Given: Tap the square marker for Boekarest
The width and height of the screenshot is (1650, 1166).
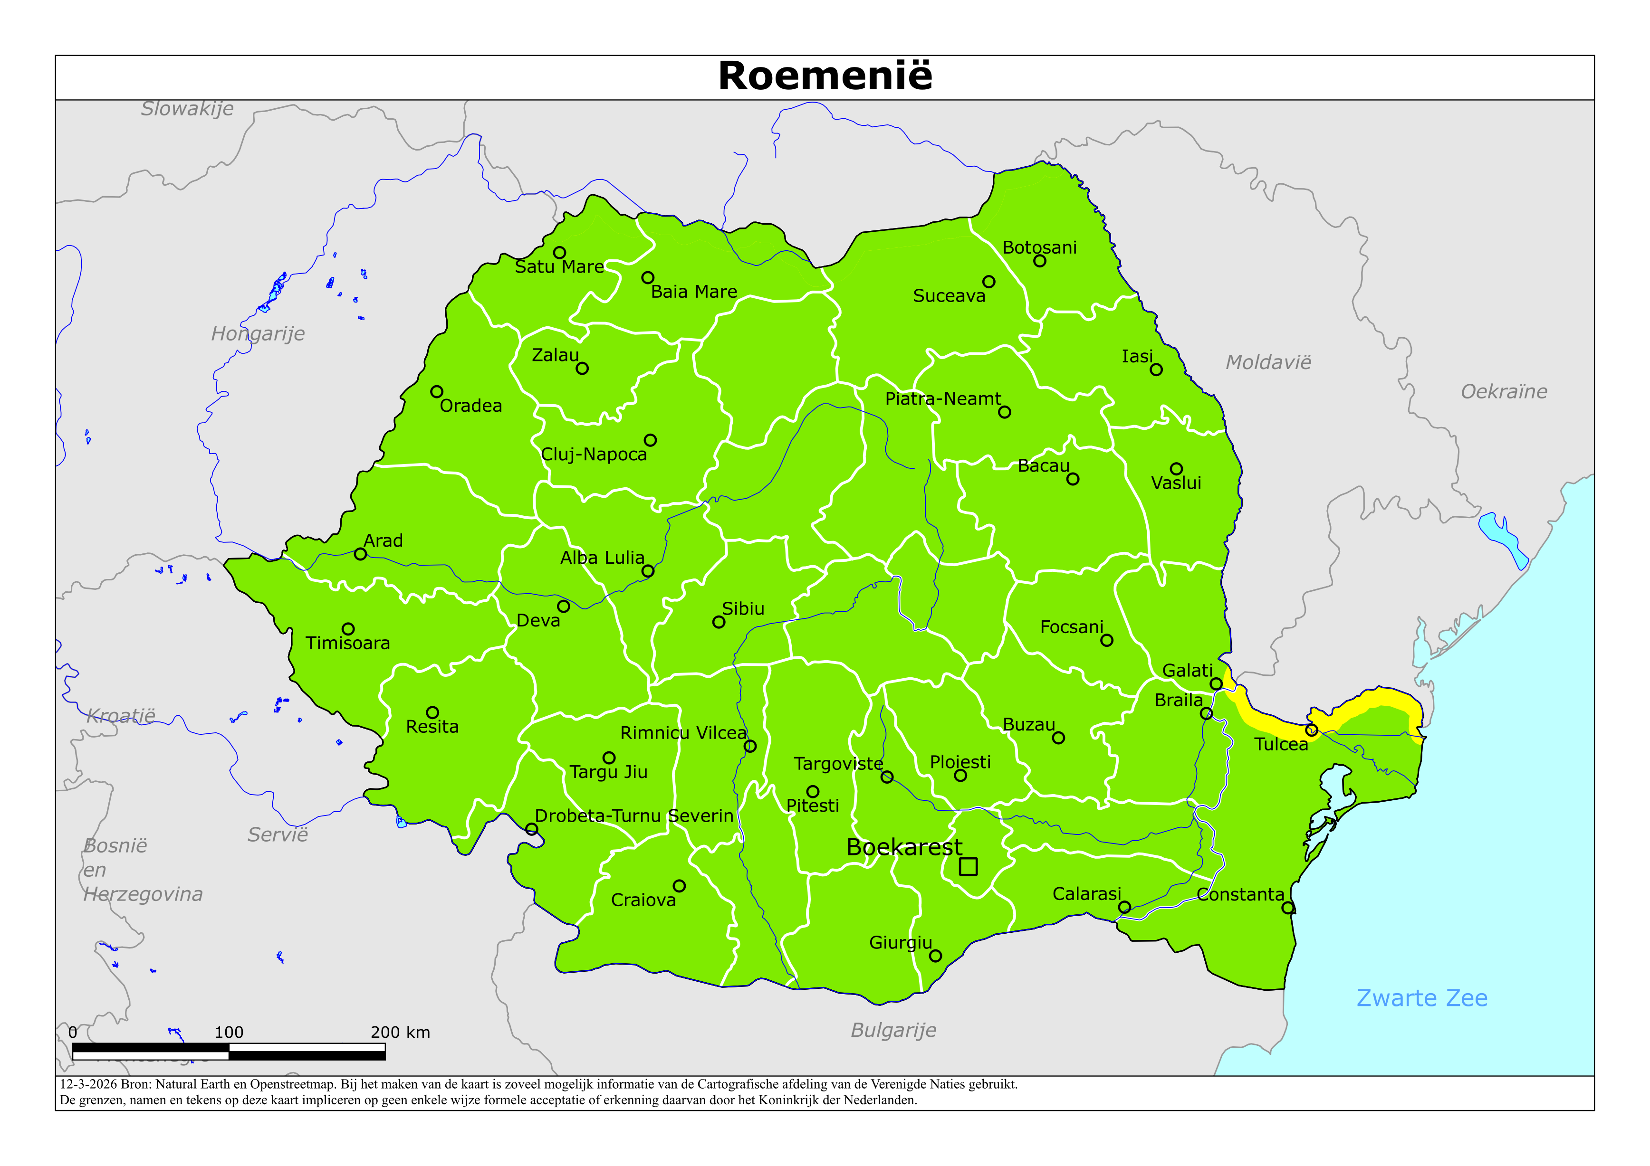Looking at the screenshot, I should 968,866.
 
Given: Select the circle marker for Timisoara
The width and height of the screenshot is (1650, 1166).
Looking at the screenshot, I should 348,629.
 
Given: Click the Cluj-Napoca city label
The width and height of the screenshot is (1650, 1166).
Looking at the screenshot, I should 594,455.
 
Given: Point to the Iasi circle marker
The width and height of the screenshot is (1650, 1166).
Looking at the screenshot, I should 1156,370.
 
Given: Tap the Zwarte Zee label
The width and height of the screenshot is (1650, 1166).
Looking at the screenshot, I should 1421,998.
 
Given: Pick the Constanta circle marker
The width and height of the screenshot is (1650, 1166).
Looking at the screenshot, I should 1288,908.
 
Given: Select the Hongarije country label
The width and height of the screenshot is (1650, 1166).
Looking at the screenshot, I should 257,333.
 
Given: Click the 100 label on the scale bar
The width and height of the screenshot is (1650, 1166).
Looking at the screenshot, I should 229,1033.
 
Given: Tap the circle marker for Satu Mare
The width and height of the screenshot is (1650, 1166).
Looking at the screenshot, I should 559,253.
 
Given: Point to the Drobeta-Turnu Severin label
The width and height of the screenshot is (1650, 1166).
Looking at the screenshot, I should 634,816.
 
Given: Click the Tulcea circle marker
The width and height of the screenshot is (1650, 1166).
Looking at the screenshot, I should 1312,730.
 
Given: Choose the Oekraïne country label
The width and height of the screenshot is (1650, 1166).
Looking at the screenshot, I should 1504,391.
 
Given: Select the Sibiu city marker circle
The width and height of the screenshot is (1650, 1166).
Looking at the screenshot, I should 719,622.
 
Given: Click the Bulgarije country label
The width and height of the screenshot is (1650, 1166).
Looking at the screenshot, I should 893,1030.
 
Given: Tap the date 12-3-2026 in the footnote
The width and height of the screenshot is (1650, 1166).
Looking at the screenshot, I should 87,1084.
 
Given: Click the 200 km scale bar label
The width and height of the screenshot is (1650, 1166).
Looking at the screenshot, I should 400,1033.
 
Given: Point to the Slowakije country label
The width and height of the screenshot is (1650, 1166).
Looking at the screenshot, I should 187,108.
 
